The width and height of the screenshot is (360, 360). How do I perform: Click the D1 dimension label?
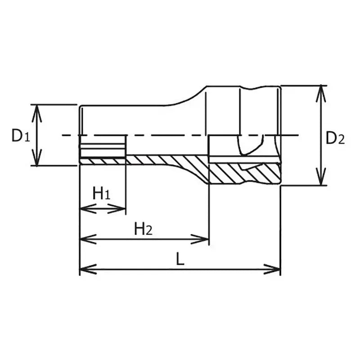click(x=21, y=135)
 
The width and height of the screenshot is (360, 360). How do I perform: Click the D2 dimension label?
click(x=335, y=138)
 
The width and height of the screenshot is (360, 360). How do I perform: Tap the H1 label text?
click(x=101, y=194)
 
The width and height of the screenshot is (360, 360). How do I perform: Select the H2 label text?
click(x=144, y=229)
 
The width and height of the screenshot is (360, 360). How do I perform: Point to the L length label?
click(x=180, y=260)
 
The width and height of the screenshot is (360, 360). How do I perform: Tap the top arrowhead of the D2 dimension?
click(x=320, y=90)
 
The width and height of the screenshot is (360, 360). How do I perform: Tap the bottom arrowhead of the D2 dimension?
click(x=320, y=180)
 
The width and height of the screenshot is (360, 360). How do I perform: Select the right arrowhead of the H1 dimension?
click(x=120, y=208)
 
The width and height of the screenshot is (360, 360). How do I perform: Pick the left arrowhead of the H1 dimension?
click(x=85, y=208)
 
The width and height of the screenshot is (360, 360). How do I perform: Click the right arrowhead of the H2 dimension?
click(x=204, y=239)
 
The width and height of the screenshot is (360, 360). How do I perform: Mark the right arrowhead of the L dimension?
click(x=275, y=270)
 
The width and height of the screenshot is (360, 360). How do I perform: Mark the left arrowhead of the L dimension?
click(x=85, y=270)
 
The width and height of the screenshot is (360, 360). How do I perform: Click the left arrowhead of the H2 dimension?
click(x=85, y=239)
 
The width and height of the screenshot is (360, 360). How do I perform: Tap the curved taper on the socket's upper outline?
click(x=189, y=97)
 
